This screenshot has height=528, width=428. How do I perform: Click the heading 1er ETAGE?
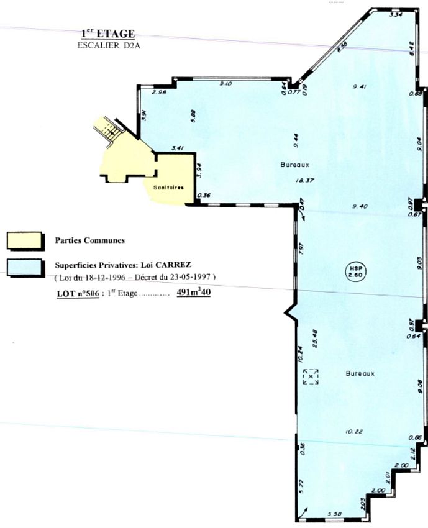[x=108, y=34]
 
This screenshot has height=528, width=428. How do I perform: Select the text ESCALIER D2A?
[x=108, y=45]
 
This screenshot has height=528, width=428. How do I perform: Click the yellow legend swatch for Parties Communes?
[x=25, y=240]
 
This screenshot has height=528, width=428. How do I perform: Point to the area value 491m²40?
[x=193, y=293]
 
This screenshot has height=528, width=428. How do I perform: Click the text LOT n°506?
[x=78, y=293]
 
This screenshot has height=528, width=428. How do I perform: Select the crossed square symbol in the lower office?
[x=311, y=376]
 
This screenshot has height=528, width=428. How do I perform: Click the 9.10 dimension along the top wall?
[x=226, y=84]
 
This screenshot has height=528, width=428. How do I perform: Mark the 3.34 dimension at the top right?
[x=395, y=14]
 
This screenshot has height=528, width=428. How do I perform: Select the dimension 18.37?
[x=303, y=180]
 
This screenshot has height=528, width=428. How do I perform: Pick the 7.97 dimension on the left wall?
[x=300, y=248]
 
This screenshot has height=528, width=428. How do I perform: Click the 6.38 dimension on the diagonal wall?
[x=341, y=48]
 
